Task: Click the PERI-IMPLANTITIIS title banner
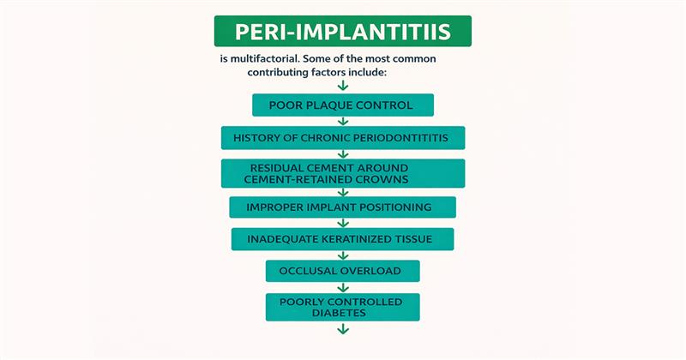pyautogui.click(x=342, y=32)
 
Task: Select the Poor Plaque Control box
pyautogui.click(x=342, y=105)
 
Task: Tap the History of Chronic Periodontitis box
pyautogui.click(x=342, y=137)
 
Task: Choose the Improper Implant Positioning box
pyautogui.click(x=342, y=207)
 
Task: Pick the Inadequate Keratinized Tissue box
pyautogui.click(x=342, y=239)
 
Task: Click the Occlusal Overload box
pyautogui.click(x=342, y=272)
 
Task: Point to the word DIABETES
pyautogui.click(x=342, y=313)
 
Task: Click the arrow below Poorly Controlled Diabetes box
pyautogui.click(x=342, y=327)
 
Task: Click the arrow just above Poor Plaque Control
pyautogui.click(x=342, y=86)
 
